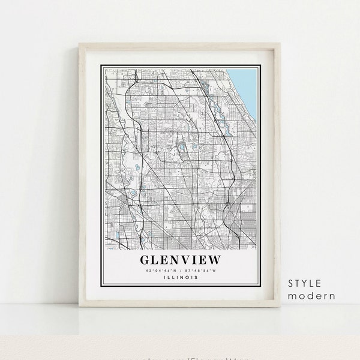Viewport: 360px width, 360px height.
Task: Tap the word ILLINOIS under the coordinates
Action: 180,277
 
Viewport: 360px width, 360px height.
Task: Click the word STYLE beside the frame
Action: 305,283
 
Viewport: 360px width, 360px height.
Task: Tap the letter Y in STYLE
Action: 302,283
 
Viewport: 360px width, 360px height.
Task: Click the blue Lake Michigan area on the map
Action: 248,87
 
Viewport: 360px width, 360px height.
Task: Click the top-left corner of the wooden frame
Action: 80,44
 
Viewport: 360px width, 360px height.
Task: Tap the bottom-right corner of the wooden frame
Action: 280,306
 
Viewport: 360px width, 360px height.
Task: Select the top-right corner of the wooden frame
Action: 280,44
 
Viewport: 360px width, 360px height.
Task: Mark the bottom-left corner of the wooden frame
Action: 80,306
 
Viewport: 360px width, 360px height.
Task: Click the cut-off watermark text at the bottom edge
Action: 180,357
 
